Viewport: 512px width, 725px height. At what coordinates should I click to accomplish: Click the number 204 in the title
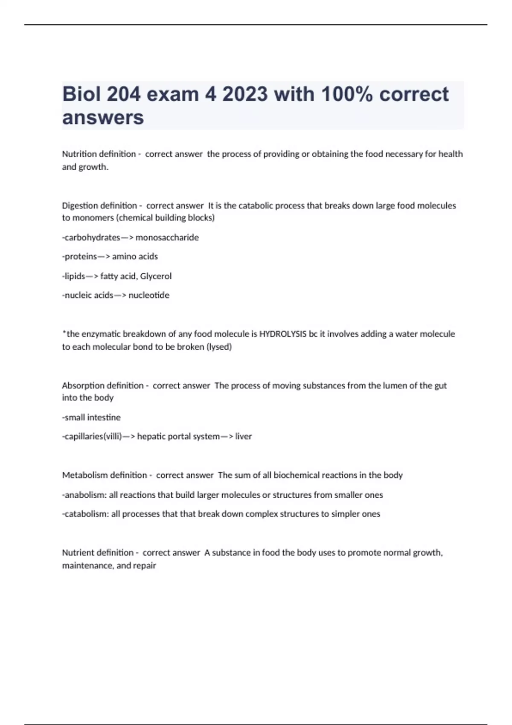[123, 94]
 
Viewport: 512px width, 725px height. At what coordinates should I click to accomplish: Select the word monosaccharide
[167, 238]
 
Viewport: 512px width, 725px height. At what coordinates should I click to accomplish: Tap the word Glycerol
[156, 276]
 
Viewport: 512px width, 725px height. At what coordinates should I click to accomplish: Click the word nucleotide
[149, 295]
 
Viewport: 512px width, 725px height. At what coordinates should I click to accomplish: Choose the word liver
[244, 436]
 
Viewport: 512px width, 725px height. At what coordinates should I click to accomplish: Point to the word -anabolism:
[84, 495]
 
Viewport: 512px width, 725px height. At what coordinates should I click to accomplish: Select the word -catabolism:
[85, 514]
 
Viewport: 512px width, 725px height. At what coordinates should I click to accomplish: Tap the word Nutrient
[76, 553]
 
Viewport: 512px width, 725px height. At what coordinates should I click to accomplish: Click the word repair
[144, 565]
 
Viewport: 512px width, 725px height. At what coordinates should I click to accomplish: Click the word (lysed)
[219, 347]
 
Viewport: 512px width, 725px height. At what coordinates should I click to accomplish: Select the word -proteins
[80, 256]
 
